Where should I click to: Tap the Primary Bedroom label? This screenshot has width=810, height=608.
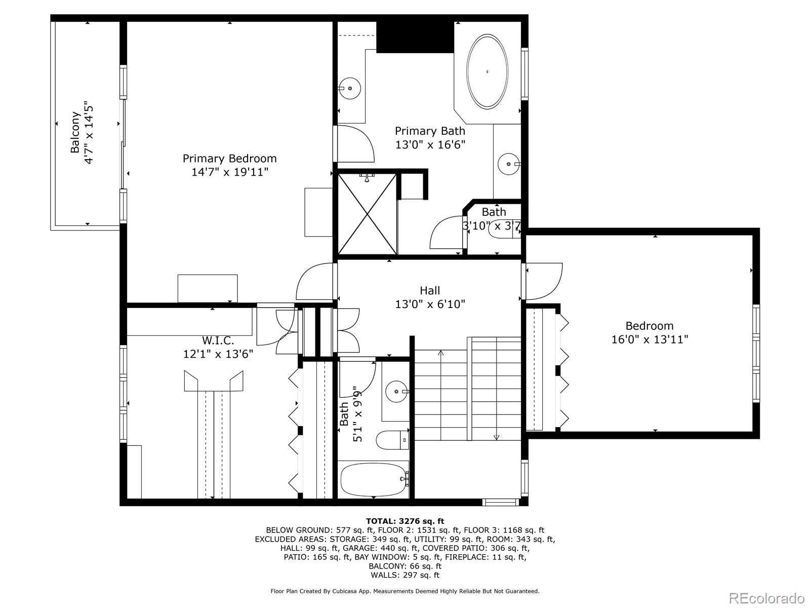click(x=229, y=159)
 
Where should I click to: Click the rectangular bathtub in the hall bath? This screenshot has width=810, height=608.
click(x=374, y=480)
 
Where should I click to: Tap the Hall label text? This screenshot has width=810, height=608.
click(x=430, y=290)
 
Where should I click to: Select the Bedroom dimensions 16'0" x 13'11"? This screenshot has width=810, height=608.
click(x=650, y=339)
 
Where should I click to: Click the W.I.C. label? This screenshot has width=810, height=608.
click(x=218, y=341)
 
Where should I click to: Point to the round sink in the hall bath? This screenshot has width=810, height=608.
click(x=396, y=392)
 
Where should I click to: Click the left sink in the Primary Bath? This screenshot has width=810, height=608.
click(x=349, y=89)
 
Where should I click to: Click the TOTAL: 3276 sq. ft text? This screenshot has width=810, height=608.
click(x=405, y=521)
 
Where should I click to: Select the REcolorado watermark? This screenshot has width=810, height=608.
click(x=767, y=598)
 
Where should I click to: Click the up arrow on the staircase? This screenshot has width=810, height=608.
click(x=440, y=353)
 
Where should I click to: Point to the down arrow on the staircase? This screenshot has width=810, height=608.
click(x=497, y=437)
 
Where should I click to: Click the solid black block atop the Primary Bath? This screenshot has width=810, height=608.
click(x=415, y=36)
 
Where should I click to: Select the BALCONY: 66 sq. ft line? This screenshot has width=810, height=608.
click(x=405, y=566)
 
